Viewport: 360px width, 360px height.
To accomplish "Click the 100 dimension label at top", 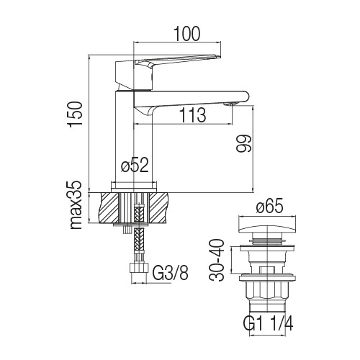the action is pos(186,34).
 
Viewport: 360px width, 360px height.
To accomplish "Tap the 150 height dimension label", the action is pos(76,114).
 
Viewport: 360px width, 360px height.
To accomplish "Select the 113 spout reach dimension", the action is pos(193,115).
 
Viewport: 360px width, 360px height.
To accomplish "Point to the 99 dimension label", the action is pos(243,143).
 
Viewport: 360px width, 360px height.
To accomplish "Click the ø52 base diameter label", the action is pos(135,165).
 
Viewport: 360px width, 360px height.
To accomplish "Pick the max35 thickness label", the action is pos(76,204).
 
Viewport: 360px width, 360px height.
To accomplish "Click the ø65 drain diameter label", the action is pos(270,206).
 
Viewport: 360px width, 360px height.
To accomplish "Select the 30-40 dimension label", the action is pos(217,260).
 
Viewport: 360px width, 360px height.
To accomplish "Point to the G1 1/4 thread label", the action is pos(269,323).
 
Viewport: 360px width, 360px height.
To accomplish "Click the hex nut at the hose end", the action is pos(138,268).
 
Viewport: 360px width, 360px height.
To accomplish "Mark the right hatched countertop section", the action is pos(158,207).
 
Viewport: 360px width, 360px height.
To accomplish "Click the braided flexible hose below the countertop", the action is pos(139,240).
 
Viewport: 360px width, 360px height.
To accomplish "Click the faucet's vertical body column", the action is pos(134,137).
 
